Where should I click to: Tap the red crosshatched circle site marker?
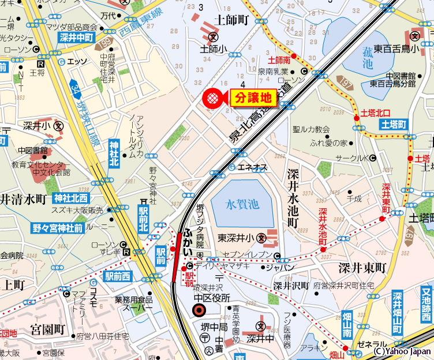click(x=212, y=98)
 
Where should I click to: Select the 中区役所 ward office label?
click(x=212, y=298)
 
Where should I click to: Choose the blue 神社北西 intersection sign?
click(x=71, y=198)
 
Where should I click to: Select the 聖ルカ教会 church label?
click(x=311, y=129)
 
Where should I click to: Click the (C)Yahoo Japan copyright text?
click(x=402, y=350)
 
